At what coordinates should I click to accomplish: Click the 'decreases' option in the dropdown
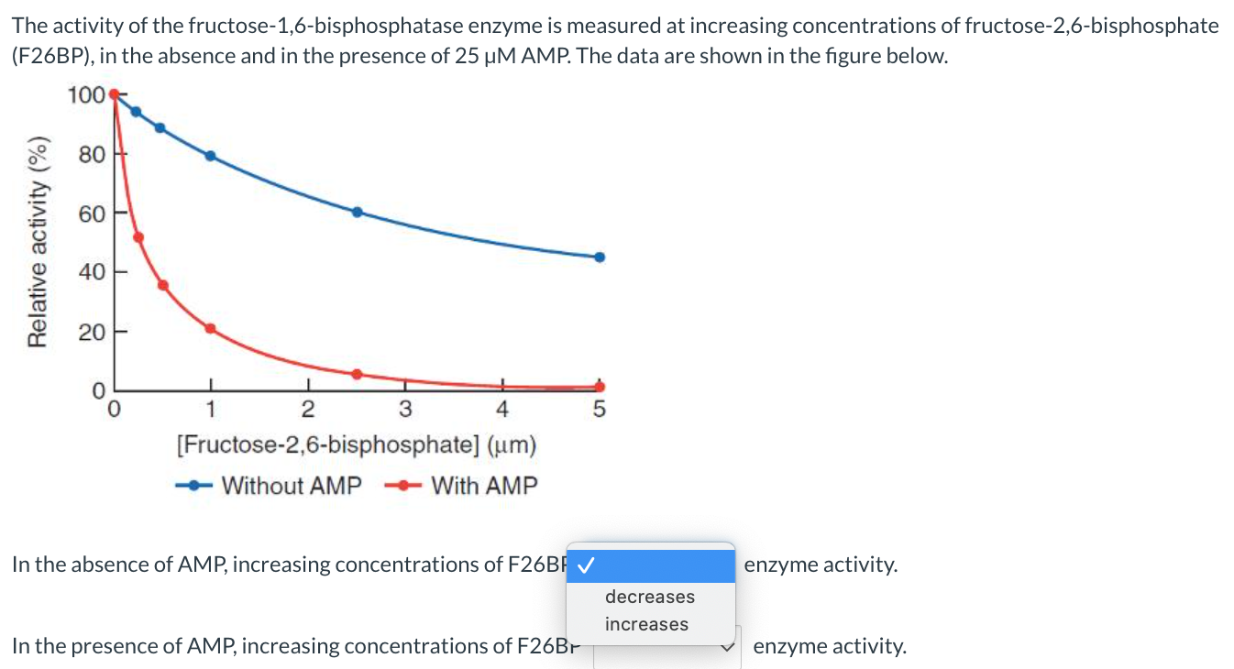[649, 597]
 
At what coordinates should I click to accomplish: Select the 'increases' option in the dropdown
[646, 624]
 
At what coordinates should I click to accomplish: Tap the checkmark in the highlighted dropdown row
[584, 565]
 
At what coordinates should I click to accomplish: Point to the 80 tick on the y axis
[92, 154]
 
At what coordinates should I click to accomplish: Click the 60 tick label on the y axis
[92, 213]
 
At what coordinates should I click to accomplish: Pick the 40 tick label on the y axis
[92, 271]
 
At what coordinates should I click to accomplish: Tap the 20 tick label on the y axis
[92, 331]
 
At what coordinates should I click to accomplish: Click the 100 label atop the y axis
[86, 94]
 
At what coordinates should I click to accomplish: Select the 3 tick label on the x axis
[405, 409]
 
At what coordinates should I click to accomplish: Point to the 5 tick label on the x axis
[599, 410]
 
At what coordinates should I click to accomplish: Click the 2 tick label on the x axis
[308, 409]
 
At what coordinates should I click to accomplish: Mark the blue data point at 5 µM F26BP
[600, 258]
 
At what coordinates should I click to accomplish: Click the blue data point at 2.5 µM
[357, 212]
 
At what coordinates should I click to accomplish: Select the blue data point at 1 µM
[210, 156]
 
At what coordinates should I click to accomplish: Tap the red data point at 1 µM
[210, 328]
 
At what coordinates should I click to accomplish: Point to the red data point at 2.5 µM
[357, 374]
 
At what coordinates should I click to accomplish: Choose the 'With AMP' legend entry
[484, 486]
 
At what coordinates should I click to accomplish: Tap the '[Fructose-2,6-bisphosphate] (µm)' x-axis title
[356, 446]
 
